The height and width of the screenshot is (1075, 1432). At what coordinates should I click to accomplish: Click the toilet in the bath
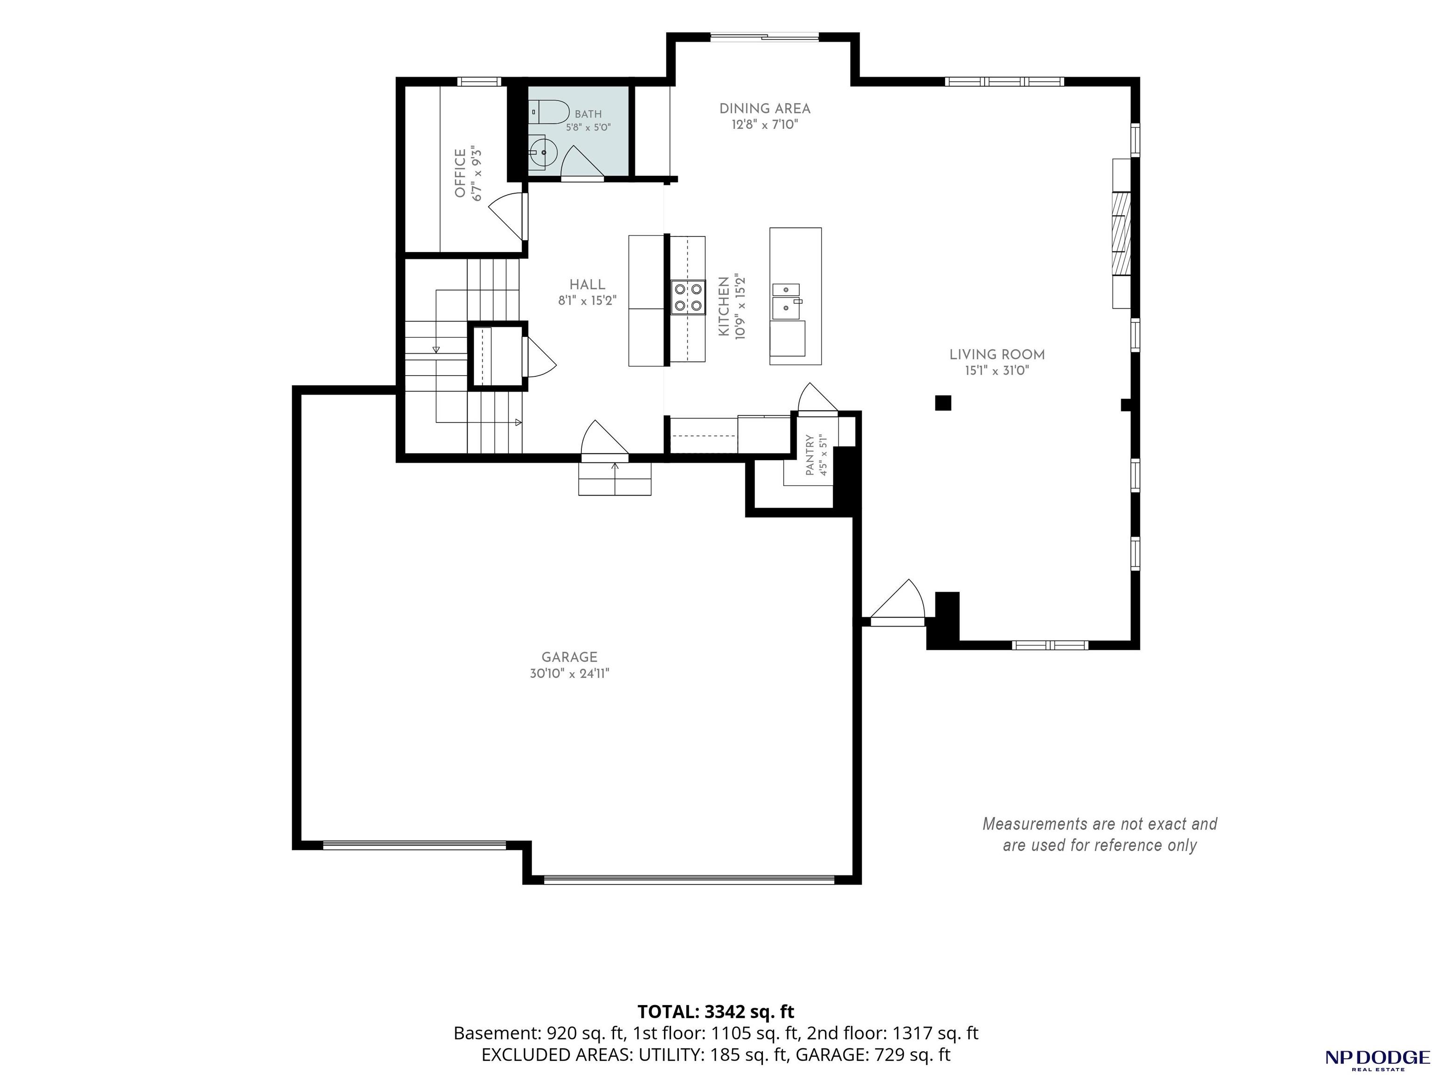(x=548, y=112)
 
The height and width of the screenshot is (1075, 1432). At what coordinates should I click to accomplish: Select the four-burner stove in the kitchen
(x=687, y=297)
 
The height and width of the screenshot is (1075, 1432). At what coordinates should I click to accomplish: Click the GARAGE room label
(x=570, y=656)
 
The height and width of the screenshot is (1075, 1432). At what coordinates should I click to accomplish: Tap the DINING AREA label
(x=765, y=108)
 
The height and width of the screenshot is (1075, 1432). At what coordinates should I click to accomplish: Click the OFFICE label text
(x=460, y=173)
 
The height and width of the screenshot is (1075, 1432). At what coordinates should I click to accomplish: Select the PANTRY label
(x=810, y=455)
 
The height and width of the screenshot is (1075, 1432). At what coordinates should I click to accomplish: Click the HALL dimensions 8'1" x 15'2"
(x=587, y=300)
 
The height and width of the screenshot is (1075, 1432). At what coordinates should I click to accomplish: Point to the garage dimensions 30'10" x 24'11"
(x=570, y=673)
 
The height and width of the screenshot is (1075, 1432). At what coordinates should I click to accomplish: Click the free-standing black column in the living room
(x=943, y=403)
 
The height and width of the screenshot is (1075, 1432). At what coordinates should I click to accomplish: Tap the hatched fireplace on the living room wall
(x=1121, y=233)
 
